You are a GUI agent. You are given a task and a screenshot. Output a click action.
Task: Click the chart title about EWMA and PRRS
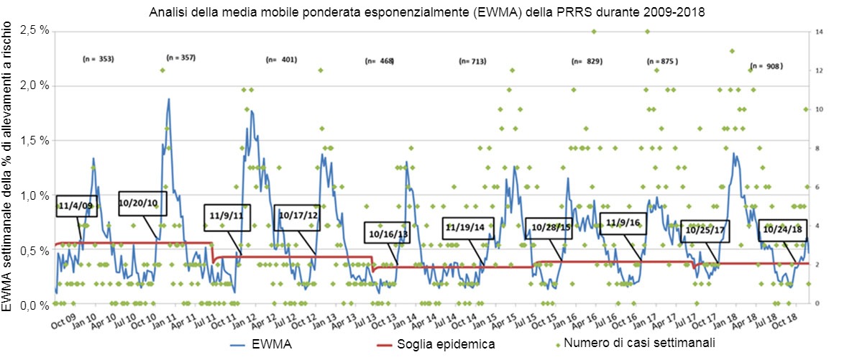tap(428, 12)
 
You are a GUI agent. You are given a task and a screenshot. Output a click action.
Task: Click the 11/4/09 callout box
tap(76, 206)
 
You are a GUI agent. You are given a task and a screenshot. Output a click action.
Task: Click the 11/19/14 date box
tap(467, 228)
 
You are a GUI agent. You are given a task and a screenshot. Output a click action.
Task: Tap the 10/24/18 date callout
tap(784, 231)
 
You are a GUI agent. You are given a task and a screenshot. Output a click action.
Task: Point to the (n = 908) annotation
tap(766, 65)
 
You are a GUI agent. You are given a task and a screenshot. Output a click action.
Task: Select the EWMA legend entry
tap(270, 344)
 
